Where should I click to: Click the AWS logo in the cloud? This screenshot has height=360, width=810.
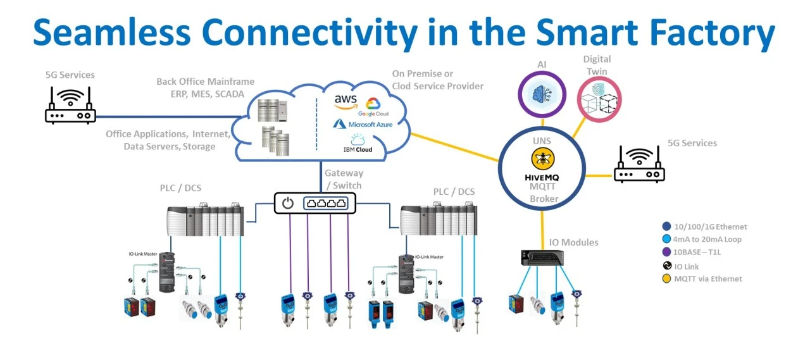tap(346, 101)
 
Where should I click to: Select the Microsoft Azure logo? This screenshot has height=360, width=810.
tap(363, 125)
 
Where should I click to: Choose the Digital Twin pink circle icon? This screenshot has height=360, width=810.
tap(599, 98)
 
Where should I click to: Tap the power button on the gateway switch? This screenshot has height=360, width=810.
tap(288, 203)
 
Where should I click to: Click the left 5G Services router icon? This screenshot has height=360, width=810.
tap(70, 106)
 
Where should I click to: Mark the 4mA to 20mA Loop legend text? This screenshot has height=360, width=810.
tap(707, 239)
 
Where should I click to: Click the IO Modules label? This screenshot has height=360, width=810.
tap(573, 242)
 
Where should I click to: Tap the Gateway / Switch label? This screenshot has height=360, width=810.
tap(344, 179)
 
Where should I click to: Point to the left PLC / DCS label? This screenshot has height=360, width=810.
tap(180, 188)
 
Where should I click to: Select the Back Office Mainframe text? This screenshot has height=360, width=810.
tap(205, 82)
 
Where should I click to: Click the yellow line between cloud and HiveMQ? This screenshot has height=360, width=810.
tap(456, 146)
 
